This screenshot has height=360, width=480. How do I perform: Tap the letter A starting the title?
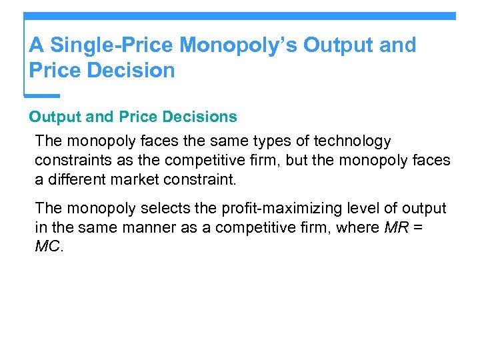pos(36,45)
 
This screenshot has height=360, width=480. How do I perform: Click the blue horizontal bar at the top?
pos(240,15)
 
